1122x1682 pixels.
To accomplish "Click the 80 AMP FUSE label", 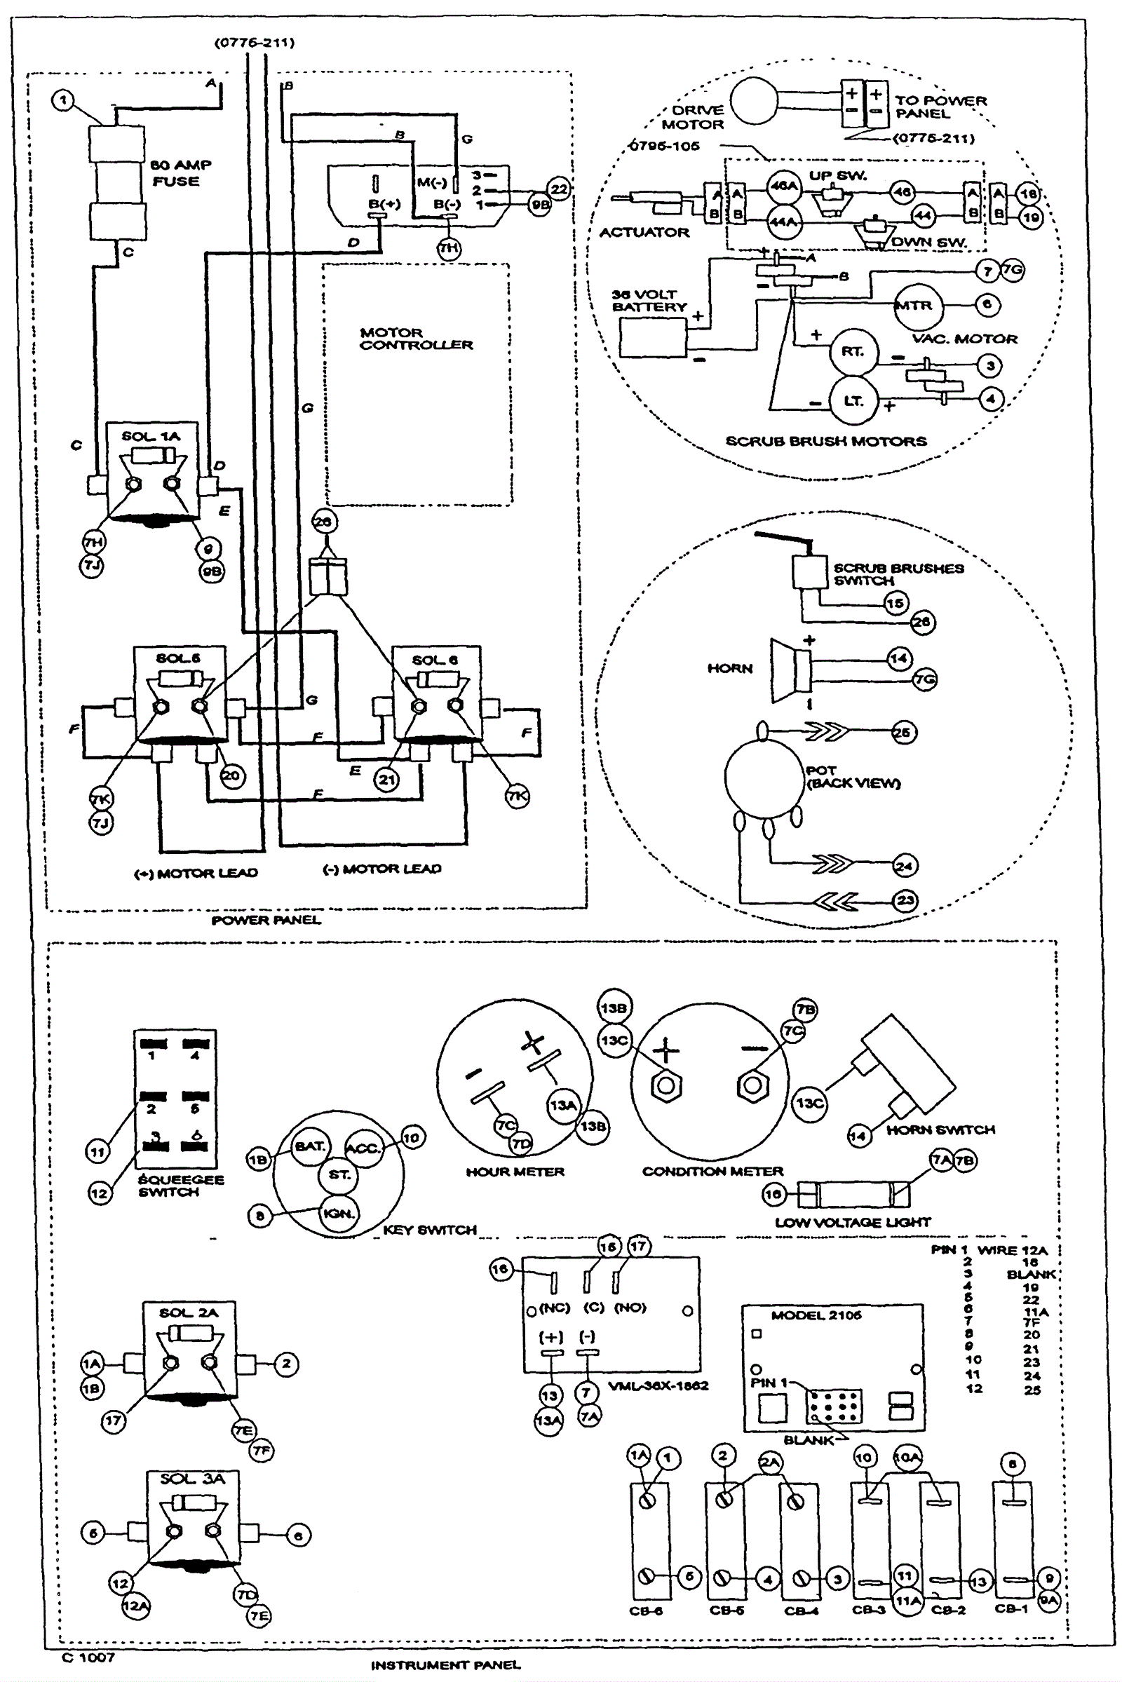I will [180, 172].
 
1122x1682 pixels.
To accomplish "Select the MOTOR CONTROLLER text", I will [416, 339].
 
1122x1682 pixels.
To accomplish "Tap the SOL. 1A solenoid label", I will [150, 435].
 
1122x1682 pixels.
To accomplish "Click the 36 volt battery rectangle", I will [653, 337].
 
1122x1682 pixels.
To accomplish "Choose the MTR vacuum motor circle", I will [918, 305].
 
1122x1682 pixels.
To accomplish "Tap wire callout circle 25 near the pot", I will [903, 732].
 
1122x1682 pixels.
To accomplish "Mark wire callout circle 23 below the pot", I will [905, 900].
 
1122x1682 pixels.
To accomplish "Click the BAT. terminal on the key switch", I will [310, 1146].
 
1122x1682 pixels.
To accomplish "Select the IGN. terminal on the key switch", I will [339, 1214].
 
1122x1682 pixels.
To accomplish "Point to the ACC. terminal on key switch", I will [363, 1148].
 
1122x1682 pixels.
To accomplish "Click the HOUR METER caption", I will [515, 1172].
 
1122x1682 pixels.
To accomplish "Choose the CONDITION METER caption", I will [712, 1171].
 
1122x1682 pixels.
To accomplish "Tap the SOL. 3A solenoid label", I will [191, 1479].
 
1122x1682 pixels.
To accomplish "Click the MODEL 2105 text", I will [816, 1315].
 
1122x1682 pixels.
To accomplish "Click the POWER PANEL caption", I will [266, 920].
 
